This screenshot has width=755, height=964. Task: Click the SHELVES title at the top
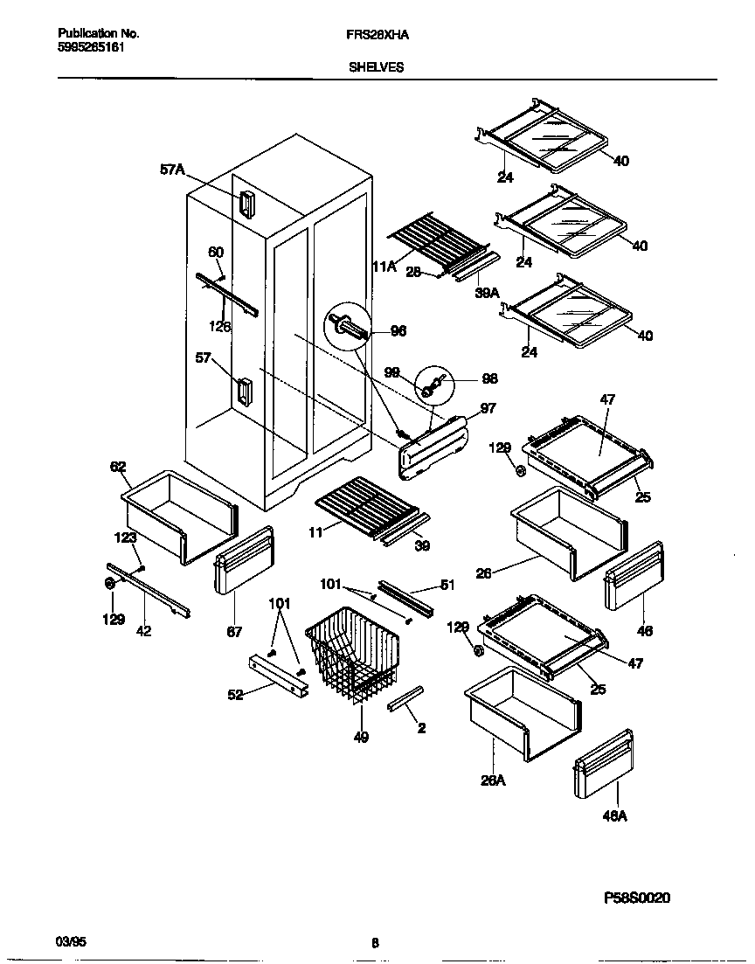pyautogui.click(x=377, y=66)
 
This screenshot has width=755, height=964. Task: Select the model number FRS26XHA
pyautogui.click(x=377, y=34)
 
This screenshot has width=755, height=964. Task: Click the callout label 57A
pyautogui.click(x=172, y=171)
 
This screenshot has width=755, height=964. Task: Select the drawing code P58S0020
pyautogui.click(x=638, y=898)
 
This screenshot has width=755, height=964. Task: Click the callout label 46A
pyautogui.click(x=615, y=816)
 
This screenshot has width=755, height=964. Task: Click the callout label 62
pyautogui.click(x=118, y=467)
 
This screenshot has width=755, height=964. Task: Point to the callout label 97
pyautogui.click(x=488, y=409)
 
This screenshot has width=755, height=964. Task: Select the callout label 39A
pyautogui.click(x=487, y=294)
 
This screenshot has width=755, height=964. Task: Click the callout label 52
pyautogui.click(x=236, y=695)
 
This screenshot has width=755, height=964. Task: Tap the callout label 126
pyautogui.click(x=220, y=327)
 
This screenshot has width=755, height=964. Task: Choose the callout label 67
pyautogui.click(x=234, y=632)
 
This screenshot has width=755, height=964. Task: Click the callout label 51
pyautogui.click(x=447, y=586)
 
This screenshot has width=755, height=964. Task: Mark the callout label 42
pyautogui.click(x=143, y=631)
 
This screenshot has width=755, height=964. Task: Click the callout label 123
pyautogui.click(x=125, y=538)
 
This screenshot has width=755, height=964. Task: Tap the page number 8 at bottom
pyautogui.click(x=375, y=942)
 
